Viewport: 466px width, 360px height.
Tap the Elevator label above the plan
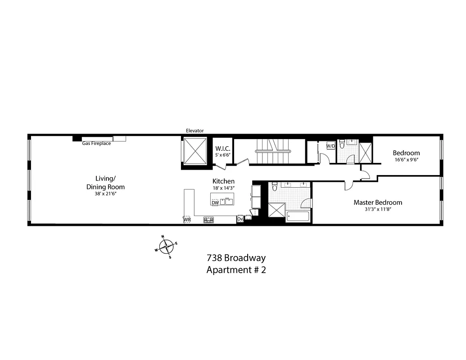point(195,131)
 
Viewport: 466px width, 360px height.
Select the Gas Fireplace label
point(96,144)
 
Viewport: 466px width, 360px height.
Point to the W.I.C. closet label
point(222,148)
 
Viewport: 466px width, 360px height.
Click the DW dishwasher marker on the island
point(215,203)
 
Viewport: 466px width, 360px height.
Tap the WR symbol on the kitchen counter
point(187,220)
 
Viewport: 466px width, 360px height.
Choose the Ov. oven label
point(240,220)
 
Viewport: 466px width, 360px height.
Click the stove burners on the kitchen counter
point(209,220)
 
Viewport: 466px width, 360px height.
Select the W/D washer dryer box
point(330,146)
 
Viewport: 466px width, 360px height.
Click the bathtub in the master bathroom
point(298,216)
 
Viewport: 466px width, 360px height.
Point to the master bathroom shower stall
point(276,211)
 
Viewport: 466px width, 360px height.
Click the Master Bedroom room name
point(378,202)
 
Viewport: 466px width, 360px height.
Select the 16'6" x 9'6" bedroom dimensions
point(406,160)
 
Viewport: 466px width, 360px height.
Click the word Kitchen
point(223,181)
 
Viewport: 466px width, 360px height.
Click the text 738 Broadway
point(236,258)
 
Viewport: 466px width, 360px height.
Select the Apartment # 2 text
point(236,270)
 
